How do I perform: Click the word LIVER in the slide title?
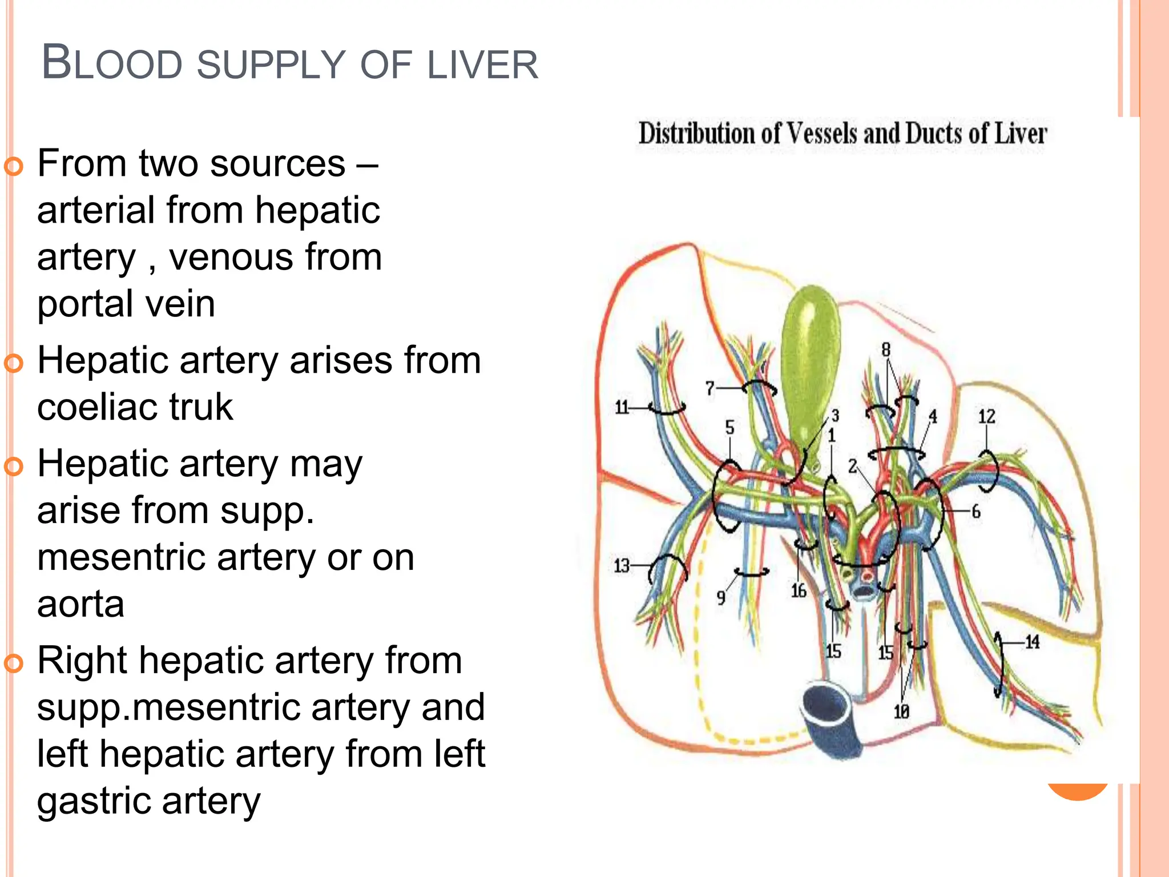482,65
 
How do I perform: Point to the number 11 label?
622,408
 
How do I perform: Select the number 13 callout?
622,566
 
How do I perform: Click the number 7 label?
710,389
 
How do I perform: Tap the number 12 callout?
986,417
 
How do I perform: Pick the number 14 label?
1032,642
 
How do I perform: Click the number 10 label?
901,711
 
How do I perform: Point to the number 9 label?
721,598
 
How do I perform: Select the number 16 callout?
799,591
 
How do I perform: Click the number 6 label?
976,512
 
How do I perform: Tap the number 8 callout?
886,349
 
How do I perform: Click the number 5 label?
729,427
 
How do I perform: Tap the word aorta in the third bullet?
80,604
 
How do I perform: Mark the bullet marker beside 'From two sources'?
14,166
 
